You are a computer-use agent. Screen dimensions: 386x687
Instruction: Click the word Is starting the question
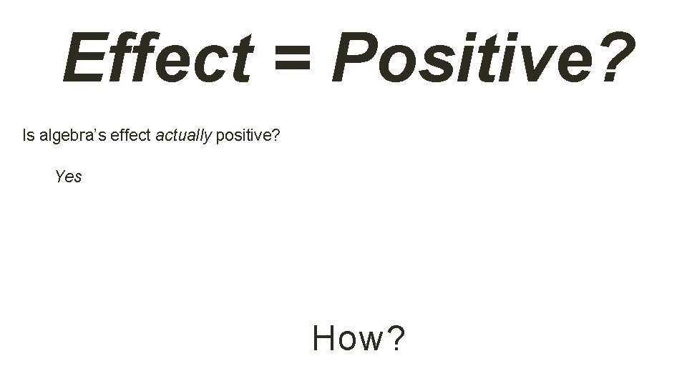[28, 135]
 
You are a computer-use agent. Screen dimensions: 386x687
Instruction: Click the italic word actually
[183, 136]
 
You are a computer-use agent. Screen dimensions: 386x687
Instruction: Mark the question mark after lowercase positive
[276, 135]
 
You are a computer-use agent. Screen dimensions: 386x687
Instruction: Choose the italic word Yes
[68, 177]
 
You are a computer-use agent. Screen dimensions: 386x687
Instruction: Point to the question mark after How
[396, 338]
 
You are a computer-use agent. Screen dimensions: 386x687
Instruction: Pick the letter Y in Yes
[60, 177]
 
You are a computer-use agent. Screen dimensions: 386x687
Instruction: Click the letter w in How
[369, 340]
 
